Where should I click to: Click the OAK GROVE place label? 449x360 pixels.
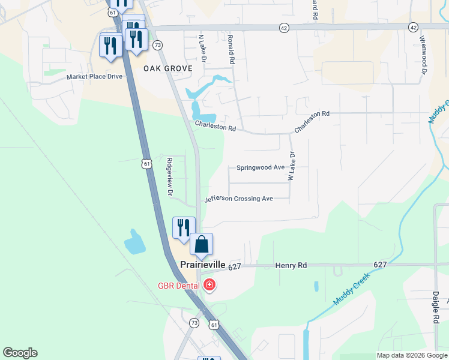click(x=168, y=68)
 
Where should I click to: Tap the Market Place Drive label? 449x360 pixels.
click(x=94, y=77)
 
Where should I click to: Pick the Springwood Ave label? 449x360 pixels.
click(x=261, y=168)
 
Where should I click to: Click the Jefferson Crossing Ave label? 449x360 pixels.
click(x=239, y=199)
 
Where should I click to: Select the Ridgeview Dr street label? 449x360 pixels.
click(x=170, y=177)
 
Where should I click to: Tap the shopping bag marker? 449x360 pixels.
click(x=202, y=244)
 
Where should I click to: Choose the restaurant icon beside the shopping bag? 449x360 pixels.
click(x=184, y=227)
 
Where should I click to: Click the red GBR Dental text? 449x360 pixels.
click(x=179, y=285)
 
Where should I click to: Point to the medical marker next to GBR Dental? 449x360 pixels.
click(x=209, y=284)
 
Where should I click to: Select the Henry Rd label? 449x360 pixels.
click(x=291, y=265)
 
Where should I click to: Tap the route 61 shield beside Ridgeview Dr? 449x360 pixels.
click(x=147, y=164)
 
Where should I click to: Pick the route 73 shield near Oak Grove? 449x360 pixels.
click(x=158, y=45)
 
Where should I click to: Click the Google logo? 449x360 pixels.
click(x=20, y=353)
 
